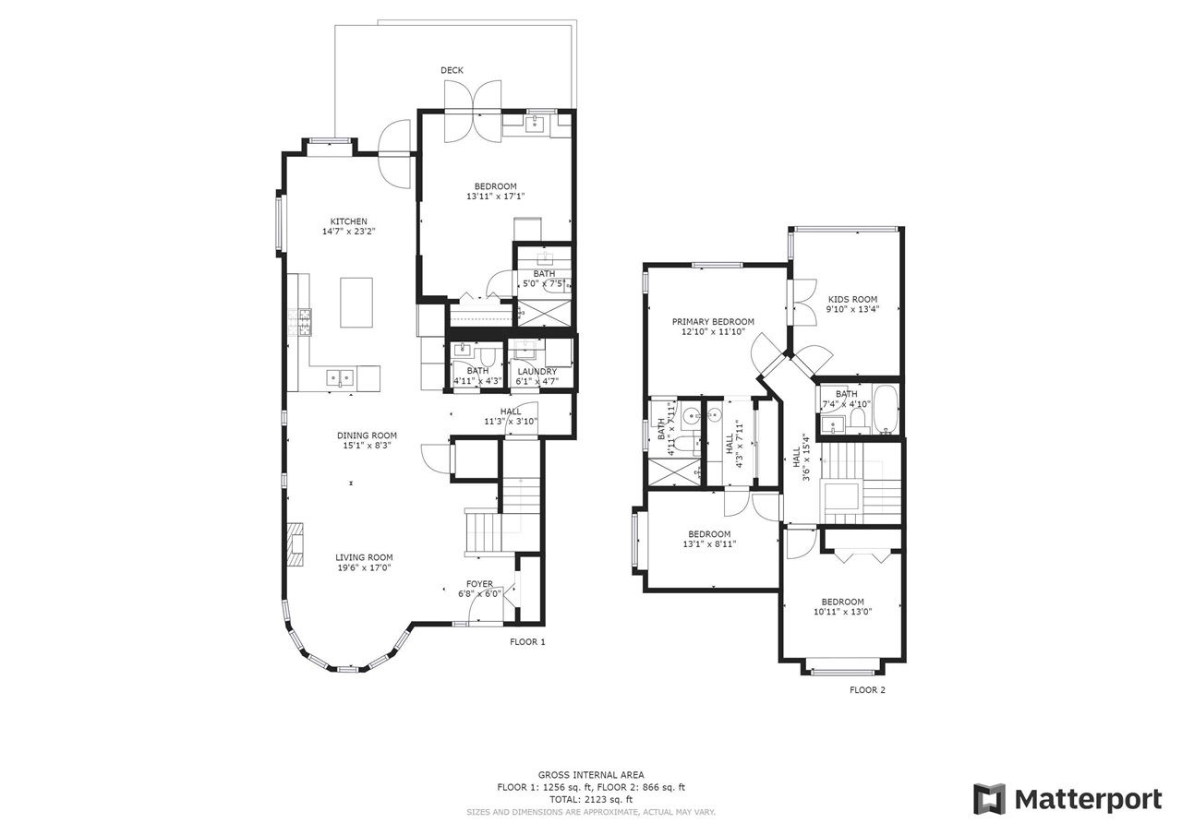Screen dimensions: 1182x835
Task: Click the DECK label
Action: pyautogui.click(x=452, y=70)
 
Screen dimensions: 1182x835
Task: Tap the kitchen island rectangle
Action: pyautogui.click(x=356, y=303)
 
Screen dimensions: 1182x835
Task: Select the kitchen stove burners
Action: pyautogui.click(x=299, y=323)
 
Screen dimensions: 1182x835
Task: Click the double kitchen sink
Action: pyautogui.click(x=340, y=377)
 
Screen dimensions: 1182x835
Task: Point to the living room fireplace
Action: pyautogui.click(x=295, y=544)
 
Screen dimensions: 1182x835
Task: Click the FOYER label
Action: pyautogui.click(x=479, y=584)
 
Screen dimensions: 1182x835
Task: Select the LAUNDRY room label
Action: pyautogui.click(x=537, y=372)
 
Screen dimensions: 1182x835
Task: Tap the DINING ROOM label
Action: pyautogui.click(x=367, y=435)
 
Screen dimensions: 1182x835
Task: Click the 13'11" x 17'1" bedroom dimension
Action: pyautogui.click(x=496, y=197)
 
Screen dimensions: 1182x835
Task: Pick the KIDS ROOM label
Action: pyautogui.click(x=852, y=299)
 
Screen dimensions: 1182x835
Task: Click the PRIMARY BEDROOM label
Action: pyautogui.click(x=713, y=322)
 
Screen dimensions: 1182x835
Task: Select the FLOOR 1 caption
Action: pyautogui.click(x=527, y=642)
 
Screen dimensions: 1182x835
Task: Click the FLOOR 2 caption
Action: pyautogui.click(x=867, y=690)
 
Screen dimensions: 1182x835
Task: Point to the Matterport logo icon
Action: pyautogui.click(x=989, y=800)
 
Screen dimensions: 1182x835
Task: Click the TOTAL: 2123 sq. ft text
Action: pyautogui.click(x=591, y=800)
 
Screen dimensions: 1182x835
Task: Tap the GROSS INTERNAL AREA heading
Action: pyautogui.click(x=591, y=775)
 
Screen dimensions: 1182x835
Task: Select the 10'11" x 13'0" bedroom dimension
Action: pyautogui.click(x=843, y=612)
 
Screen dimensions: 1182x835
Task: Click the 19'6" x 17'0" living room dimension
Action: pyautogui.click(x=364, y=567)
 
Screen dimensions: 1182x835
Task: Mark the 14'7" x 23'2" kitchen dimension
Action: pyautogui.click(x=348, y=232)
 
